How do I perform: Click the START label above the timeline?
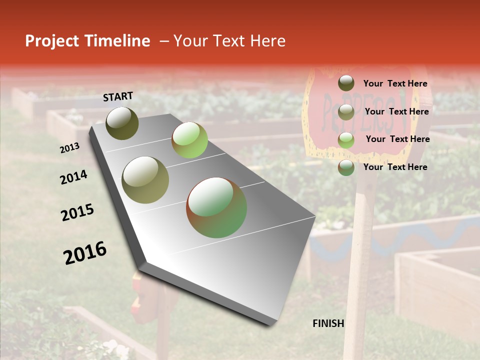(118, 96)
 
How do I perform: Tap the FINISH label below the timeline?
(328, 323)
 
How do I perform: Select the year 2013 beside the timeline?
(69, 148)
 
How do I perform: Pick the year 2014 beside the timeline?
(73, 177)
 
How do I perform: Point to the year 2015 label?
(77, 212)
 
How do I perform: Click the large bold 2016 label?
(85, 252)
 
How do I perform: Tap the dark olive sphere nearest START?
(122, 123)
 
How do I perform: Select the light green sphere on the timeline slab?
(189, 140)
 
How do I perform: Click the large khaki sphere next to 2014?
(145, 180)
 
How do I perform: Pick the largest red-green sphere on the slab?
(216, 207)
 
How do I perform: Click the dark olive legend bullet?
(346, 83)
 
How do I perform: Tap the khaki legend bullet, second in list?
(346, 112)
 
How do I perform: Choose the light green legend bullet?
(346, 140)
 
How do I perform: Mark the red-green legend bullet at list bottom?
(346, 167)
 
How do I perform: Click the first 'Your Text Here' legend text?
(395, 83)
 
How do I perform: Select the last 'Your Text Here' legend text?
(395, 167)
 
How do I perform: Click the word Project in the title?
(52, 41)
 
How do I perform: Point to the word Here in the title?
(267, 41)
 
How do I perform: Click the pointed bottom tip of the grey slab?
(270, 324)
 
